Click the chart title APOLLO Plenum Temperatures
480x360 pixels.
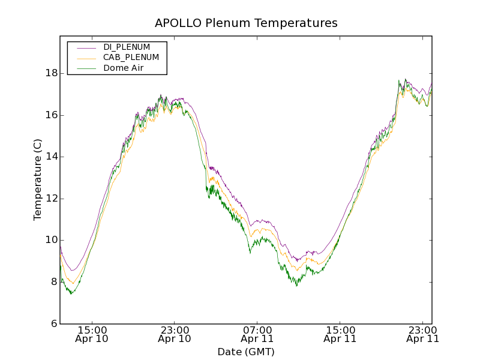point(246,23)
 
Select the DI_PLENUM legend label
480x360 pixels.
point(127,47)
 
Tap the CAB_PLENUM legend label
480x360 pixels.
point(131,58)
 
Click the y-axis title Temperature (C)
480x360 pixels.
point(38,179)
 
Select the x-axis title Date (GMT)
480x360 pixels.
point(246,352)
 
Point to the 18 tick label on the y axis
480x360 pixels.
point(51,73)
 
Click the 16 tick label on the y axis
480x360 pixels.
point(51,115)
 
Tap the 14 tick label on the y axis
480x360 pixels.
point(51,157)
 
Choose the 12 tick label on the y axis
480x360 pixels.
point(51,199)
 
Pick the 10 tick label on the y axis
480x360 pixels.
point(51,240)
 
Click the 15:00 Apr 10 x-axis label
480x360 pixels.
point(92,334)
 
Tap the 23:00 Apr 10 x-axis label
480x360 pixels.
point(175,334)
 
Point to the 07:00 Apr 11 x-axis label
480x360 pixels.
point(257,334)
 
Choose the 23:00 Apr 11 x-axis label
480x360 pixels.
point(422,334)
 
